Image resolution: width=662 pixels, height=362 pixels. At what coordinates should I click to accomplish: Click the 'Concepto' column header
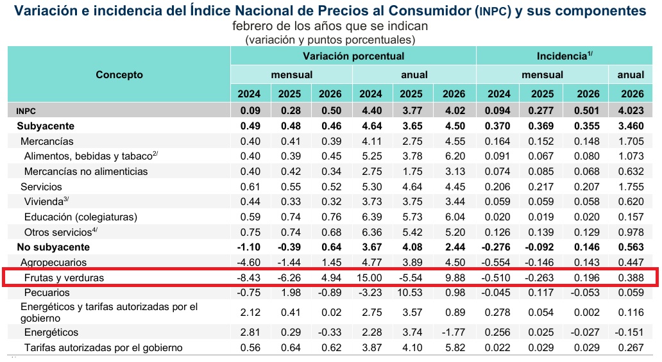[x=119, y=75]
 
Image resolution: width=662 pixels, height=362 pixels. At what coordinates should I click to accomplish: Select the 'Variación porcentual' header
[x=353, y=56]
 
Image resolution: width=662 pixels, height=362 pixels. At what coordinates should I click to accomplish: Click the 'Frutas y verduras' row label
[x=64, y=277]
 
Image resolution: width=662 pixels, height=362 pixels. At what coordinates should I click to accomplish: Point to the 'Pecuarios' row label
[x=47, y=292]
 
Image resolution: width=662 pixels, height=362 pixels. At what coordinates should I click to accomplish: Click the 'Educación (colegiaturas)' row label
[x=80, y=217]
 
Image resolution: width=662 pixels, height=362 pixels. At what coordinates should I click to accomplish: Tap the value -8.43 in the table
[x=249, y=277]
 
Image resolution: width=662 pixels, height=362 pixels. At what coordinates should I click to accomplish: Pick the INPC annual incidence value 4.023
[x=631, y=111]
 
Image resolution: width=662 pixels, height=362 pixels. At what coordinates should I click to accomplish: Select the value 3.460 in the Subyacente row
[x=631, y=126]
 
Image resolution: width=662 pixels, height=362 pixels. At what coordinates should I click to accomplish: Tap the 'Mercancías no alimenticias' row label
[x=86, y=172]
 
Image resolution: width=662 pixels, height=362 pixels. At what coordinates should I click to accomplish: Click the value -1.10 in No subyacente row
[x=249, y=247]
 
